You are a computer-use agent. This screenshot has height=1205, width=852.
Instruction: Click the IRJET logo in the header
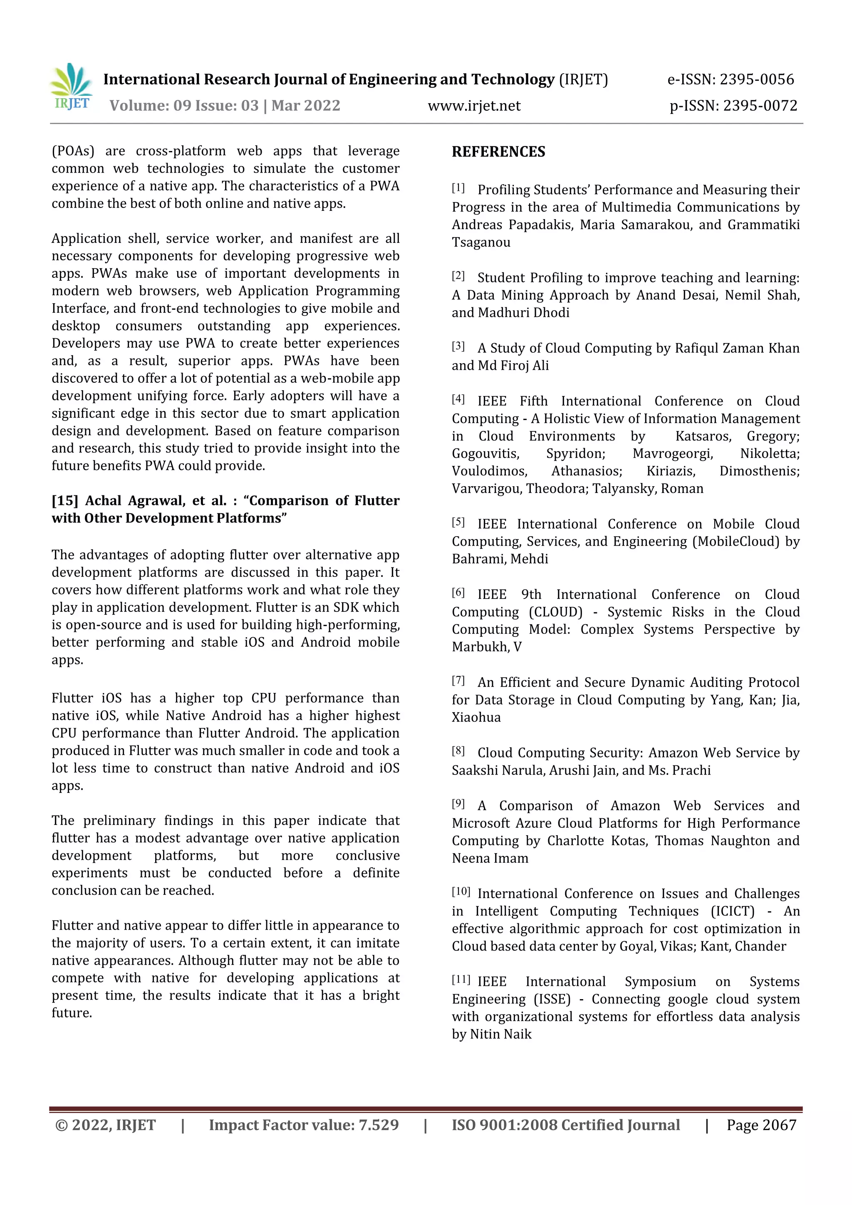72,88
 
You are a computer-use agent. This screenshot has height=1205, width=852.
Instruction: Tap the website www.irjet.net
474,106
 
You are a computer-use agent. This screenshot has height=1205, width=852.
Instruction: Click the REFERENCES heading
498,152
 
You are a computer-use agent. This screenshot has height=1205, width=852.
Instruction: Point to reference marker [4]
458,399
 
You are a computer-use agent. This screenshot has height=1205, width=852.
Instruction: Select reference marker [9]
458,804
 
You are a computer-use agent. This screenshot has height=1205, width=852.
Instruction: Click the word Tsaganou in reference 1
481,242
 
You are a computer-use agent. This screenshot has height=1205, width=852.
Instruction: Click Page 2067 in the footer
761,1125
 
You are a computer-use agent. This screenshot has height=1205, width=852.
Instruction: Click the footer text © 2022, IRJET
106,1125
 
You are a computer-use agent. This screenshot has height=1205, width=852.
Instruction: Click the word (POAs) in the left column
73,151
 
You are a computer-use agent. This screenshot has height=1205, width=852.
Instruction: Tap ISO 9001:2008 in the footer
504,1125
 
